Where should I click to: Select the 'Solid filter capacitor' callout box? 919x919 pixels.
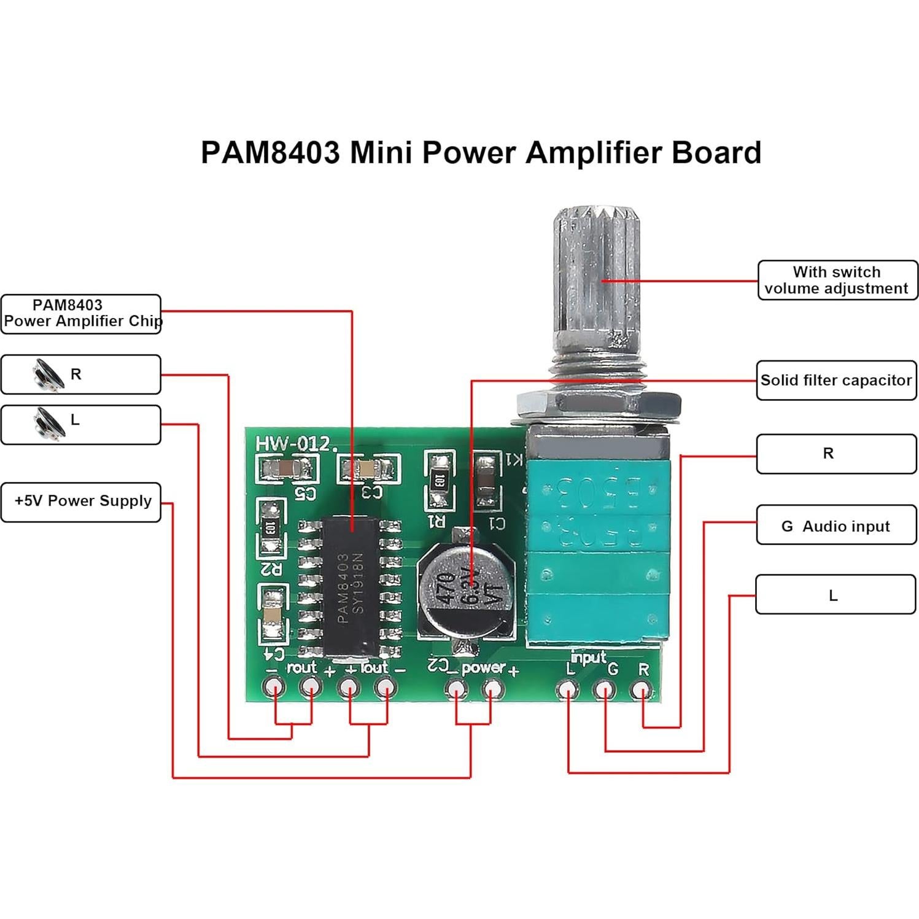click(836, 381)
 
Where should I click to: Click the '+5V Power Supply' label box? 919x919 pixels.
click(81, 502)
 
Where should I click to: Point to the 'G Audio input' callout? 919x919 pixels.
click(836, 525)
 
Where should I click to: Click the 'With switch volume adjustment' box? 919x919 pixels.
click(837, 280)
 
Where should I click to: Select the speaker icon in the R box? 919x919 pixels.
click(48, 374)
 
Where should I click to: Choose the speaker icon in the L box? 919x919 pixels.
click(48, 423)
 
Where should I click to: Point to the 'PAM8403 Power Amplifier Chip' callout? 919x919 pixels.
click(81, 314)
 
